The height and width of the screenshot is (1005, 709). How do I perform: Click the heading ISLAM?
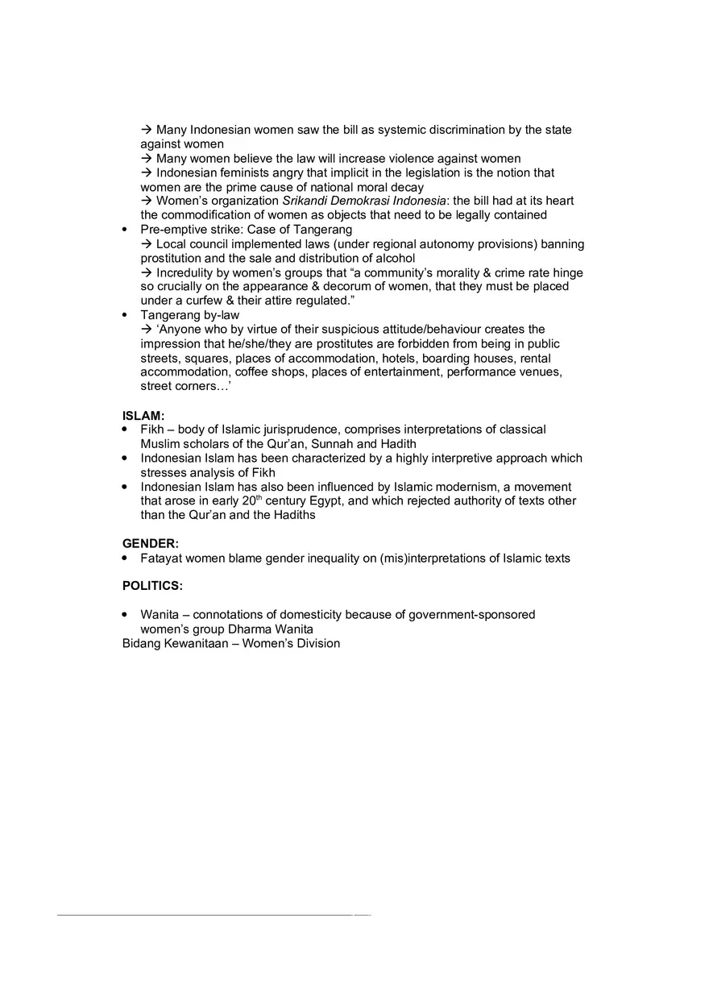pyautogui.click(x=143, y=416)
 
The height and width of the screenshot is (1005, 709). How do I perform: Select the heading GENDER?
pyautogui.click(x=151, y=544)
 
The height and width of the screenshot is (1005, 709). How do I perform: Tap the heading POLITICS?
pyautogui.click(x=152, y=586)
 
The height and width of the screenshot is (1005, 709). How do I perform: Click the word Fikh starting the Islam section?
pyautogui.click(x=152, y=430)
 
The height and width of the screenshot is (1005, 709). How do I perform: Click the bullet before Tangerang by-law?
pyautogui.click(x=124, y=315)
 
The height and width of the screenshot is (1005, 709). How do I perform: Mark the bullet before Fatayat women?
pyautogui.click(x=124, y=558)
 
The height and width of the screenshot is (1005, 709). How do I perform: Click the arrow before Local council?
pyautogui.click(x=147, y=244)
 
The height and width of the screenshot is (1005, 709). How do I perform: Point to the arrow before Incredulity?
pyautogui.click(x=147, y=272)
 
